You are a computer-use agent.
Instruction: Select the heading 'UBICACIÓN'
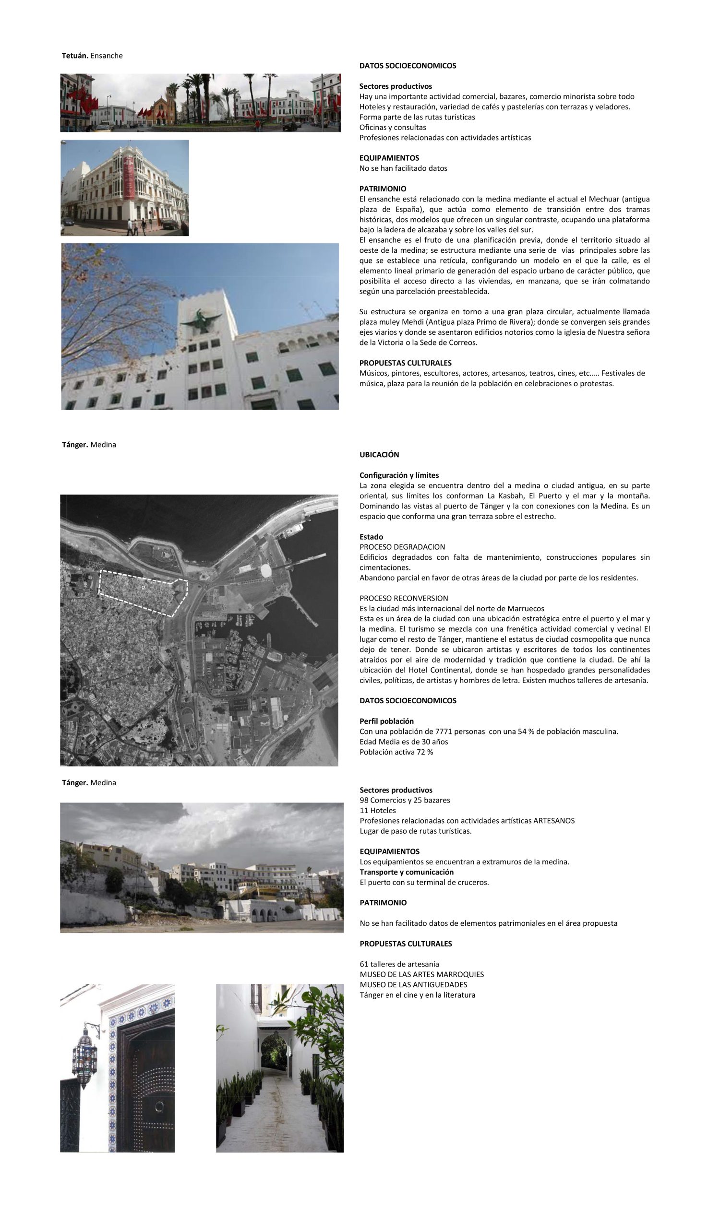379,455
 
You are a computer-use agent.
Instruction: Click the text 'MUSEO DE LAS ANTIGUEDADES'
413,984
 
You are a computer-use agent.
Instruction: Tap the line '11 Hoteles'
378,811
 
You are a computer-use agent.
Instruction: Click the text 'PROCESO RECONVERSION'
404,598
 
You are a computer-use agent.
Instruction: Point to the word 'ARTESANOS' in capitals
554,821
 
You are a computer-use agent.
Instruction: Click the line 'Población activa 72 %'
396,752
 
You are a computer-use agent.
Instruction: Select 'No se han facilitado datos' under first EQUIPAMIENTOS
403,169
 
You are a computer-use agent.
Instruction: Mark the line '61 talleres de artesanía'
399,964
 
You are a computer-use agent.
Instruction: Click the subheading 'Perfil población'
386,721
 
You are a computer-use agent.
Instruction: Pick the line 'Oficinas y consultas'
393,128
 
